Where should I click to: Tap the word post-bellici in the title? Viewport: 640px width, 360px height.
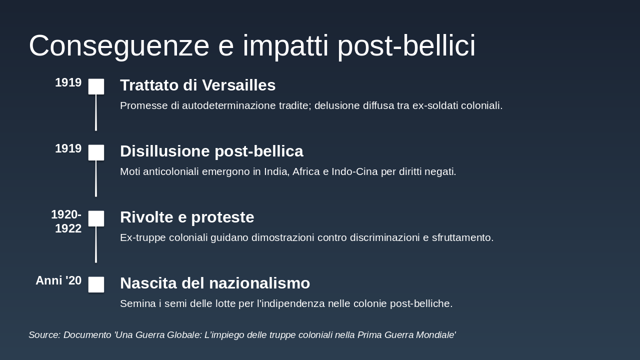[406, 46]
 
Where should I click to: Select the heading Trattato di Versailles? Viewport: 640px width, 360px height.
[197, 85]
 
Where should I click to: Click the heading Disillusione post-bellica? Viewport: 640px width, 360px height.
[211, 151]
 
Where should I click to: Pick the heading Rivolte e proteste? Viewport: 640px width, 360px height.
[187, 217]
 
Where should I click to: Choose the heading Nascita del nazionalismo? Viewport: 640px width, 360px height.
[215, 283]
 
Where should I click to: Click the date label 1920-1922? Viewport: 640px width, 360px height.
[66, 221]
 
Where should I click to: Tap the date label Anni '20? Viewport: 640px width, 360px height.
[58, 280]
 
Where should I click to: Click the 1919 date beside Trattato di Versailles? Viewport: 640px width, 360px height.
[68, 83]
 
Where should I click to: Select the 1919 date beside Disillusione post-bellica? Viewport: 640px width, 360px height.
[68, 149]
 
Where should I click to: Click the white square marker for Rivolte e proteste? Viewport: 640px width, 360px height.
[96, 218]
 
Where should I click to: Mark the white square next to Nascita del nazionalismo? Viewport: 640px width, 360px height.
[96, 284]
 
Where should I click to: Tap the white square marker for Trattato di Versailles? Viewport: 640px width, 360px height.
[96, 86]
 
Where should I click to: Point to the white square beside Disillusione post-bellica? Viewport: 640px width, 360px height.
[96, 152]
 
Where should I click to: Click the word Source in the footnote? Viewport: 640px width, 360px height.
[44, 335]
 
